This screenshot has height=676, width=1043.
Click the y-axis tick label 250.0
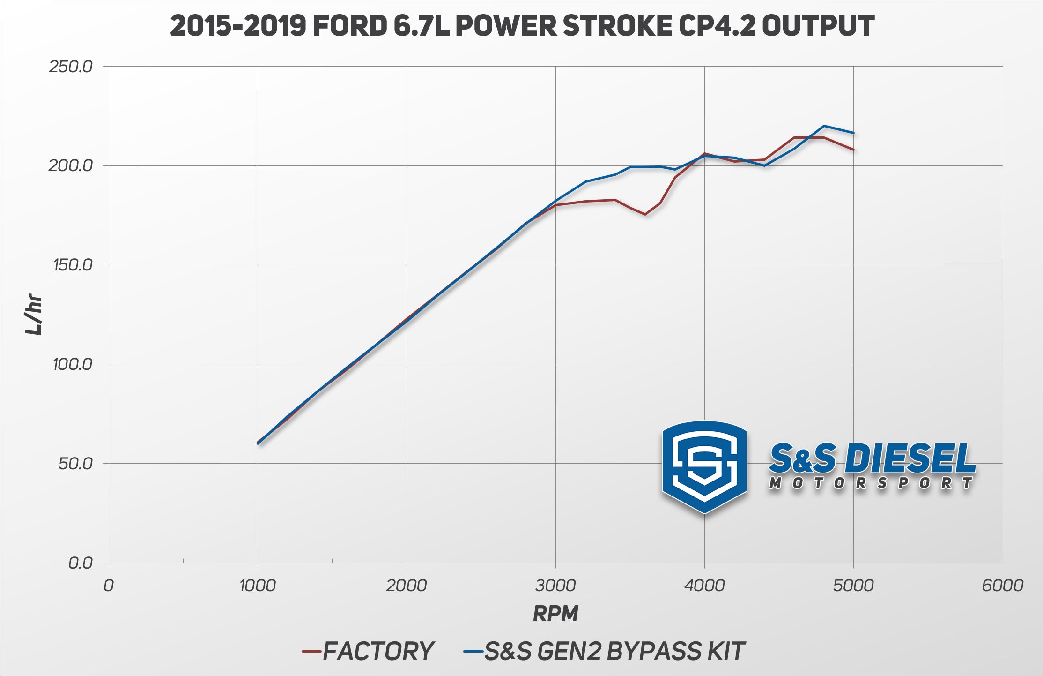71,67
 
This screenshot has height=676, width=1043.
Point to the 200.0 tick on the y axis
71,165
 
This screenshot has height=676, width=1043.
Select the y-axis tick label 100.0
73,364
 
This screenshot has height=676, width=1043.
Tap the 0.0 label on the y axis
81,563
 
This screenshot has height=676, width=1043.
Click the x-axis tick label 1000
257,586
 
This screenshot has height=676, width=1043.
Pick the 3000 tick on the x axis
555,586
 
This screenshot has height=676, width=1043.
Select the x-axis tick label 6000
1002,586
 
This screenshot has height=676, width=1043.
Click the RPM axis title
555,614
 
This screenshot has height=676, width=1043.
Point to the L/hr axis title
34,314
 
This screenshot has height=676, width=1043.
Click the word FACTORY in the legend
378,651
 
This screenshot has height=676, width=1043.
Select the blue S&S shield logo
704,466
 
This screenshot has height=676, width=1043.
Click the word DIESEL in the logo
910,458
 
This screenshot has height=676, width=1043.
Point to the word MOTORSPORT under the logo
871,483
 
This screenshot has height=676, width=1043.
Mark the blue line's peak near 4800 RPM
824,126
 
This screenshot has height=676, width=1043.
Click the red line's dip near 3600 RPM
645,214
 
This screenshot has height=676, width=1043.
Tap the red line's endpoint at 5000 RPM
853,150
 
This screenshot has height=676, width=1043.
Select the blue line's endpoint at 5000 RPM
853,133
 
